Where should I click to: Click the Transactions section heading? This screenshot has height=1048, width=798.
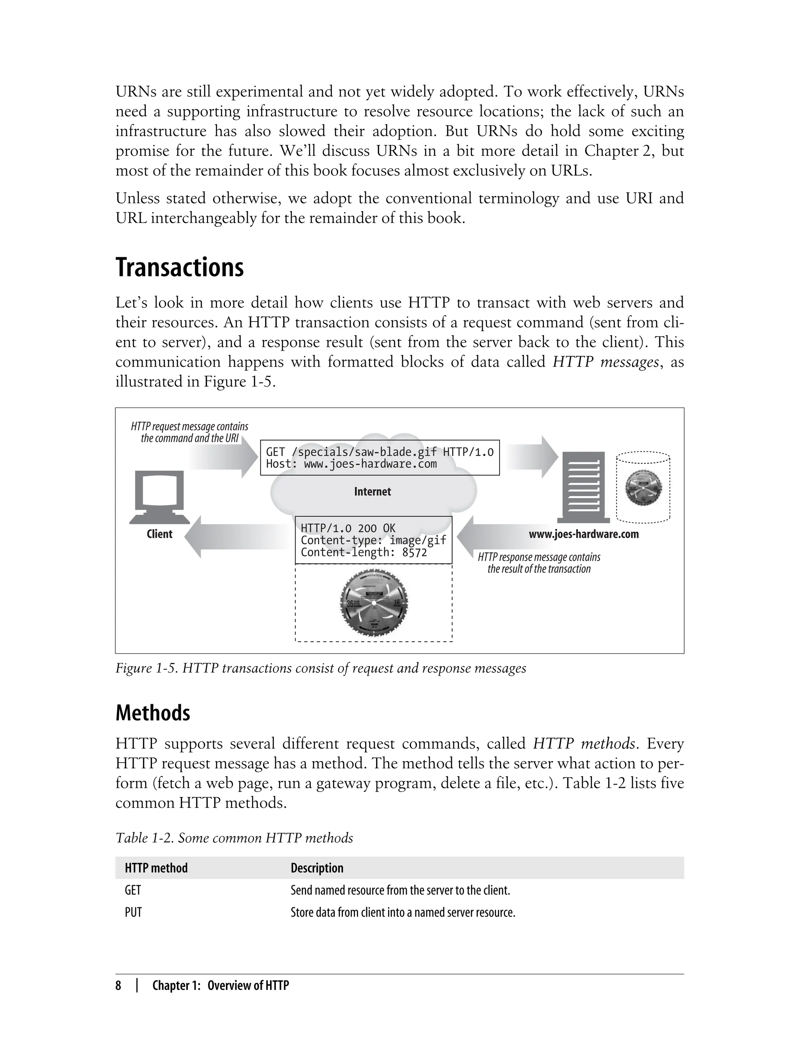coord(180,267)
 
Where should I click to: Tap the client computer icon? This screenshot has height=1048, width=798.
coord(160,497)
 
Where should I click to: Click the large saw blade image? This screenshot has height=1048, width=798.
coord(374,603)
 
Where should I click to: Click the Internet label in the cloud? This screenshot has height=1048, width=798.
coord(373,492)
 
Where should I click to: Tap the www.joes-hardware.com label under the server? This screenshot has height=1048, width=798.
coord(584,534)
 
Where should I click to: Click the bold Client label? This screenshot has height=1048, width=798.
coord(160,534)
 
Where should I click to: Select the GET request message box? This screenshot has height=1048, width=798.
coord(380,458)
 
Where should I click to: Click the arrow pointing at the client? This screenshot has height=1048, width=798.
coord(238,537)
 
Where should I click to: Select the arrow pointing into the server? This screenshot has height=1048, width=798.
coord(531,457)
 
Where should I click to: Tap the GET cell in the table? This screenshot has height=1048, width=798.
coord(133,890)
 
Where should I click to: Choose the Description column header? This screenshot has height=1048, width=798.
coord(317,868)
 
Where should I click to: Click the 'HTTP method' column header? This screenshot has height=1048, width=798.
coord(156,868)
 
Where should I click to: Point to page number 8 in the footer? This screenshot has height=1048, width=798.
coord(118,986)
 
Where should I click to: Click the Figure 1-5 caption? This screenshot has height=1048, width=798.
coord(321,668)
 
